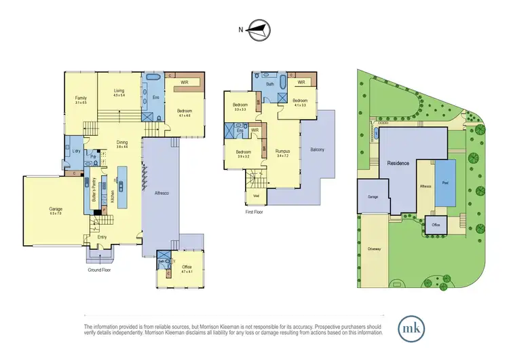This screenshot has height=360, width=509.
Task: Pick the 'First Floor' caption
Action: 255,212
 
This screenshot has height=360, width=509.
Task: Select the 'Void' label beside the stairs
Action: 255,196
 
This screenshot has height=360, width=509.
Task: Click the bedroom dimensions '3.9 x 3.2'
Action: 244,156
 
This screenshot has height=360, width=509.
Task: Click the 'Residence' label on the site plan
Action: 398,164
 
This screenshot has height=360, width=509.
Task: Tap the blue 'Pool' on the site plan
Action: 445,183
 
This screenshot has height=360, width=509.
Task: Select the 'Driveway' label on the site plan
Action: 374,249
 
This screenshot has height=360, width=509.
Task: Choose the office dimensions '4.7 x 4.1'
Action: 187,272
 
